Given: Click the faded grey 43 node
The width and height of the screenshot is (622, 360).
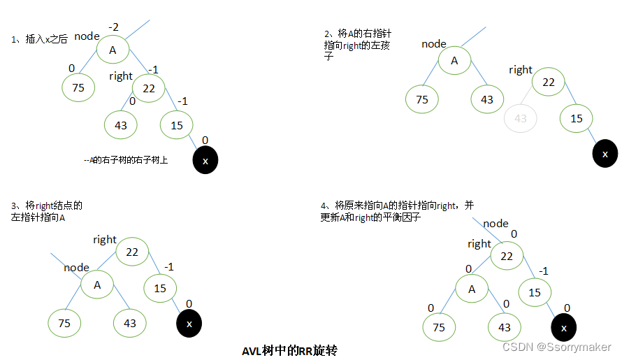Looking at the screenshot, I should click(x=520, y=118).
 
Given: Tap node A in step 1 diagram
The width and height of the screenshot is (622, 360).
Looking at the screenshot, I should click(x=113, y=50).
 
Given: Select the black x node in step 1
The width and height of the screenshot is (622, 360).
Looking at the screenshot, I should click(x=205, y=161).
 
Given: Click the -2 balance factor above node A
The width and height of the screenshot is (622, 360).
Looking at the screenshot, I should click(x=113, y=27).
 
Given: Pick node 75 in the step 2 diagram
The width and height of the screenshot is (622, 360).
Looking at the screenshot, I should click(x=422, y=100).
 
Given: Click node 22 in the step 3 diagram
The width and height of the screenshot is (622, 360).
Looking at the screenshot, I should click(x=131, y=252).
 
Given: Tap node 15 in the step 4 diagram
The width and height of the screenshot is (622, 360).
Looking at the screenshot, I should click(x=535, y=293).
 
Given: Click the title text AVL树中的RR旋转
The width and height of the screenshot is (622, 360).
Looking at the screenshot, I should click(x=289, y=350).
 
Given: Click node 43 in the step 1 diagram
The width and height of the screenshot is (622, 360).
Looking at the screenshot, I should click(x=120, y=125).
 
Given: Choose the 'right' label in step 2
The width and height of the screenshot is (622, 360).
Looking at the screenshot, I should click(x=521, y=70).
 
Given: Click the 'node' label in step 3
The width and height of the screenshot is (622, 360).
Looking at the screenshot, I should click(x=77, y=268).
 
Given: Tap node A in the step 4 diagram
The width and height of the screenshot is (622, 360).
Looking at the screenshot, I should click(x=472, y=289).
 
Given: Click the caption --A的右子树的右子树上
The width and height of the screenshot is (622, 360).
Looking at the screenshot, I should click(x=126, y=160).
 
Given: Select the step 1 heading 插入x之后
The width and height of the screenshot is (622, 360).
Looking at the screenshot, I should click(x=41, y=40).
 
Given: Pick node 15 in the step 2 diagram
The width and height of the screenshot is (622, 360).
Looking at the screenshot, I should click(x=576, y=119).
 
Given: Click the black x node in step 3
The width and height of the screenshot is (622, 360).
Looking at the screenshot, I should click(x=189, y=324).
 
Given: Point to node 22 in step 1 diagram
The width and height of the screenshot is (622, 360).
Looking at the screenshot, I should click(x=148, y=88).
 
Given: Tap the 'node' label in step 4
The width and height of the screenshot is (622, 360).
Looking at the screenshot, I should click(x=496, y=224).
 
